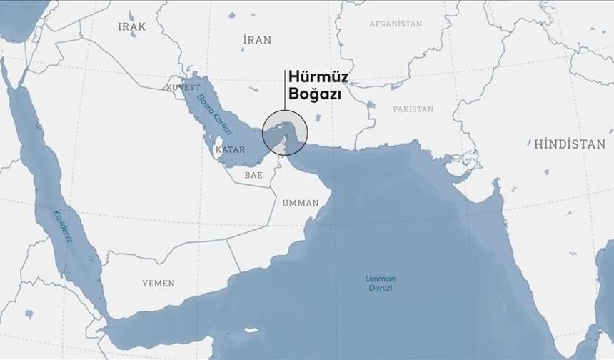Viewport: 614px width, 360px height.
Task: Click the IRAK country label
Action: (132, 26)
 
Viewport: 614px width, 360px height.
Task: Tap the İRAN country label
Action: (256, 40)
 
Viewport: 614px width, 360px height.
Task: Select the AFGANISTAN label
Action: (396, 24)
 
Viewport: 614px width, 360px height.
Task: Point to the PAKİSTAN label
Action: (413, 109)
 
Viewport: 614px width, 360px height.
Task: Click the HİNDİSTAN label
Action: (569, 144)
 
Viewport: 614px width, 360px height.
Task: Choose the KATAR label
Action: (230, 151)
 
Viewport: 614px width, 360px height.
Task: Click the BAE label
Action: (253, 174)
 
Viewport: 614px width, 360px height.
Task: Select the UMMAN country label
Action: (301, 203)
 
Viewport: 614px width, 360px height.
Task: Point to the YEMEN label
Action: (158, 284)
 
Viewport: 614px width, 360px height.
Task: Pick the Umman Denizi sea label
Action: (380, 283)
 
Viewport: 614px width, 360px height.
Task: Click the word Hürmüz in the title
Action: (313, 78)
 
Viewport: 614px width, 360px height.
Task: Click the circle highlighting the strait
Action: (285, 133)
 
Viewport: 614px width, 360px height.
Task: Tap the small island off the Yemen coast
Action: (251, 331)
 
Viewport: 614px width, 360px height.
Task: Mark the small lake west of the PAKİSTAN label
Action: (370, 106)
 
